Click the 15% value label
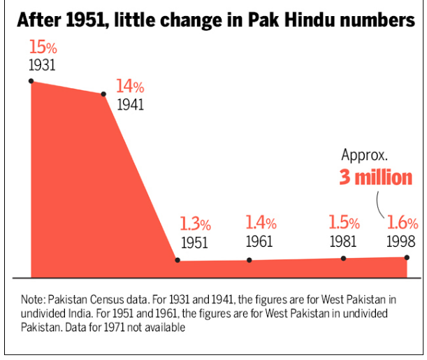43,48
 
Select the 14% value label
130,87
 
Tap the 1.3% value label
195,224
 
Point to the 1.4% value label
261,224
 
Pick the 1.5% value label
344,224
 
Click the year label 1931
43,66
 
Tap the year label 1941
130,105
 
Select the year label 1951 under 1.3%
195,243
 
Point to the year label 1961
261,242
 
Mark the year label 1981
344,242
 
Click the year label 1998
403,242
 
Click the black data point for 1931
31,81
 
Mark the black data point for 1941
103,94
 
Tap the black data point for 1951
178,261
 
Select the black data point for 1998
407,258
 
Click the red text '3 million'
376,177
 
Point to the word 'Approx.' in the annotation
364,155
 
